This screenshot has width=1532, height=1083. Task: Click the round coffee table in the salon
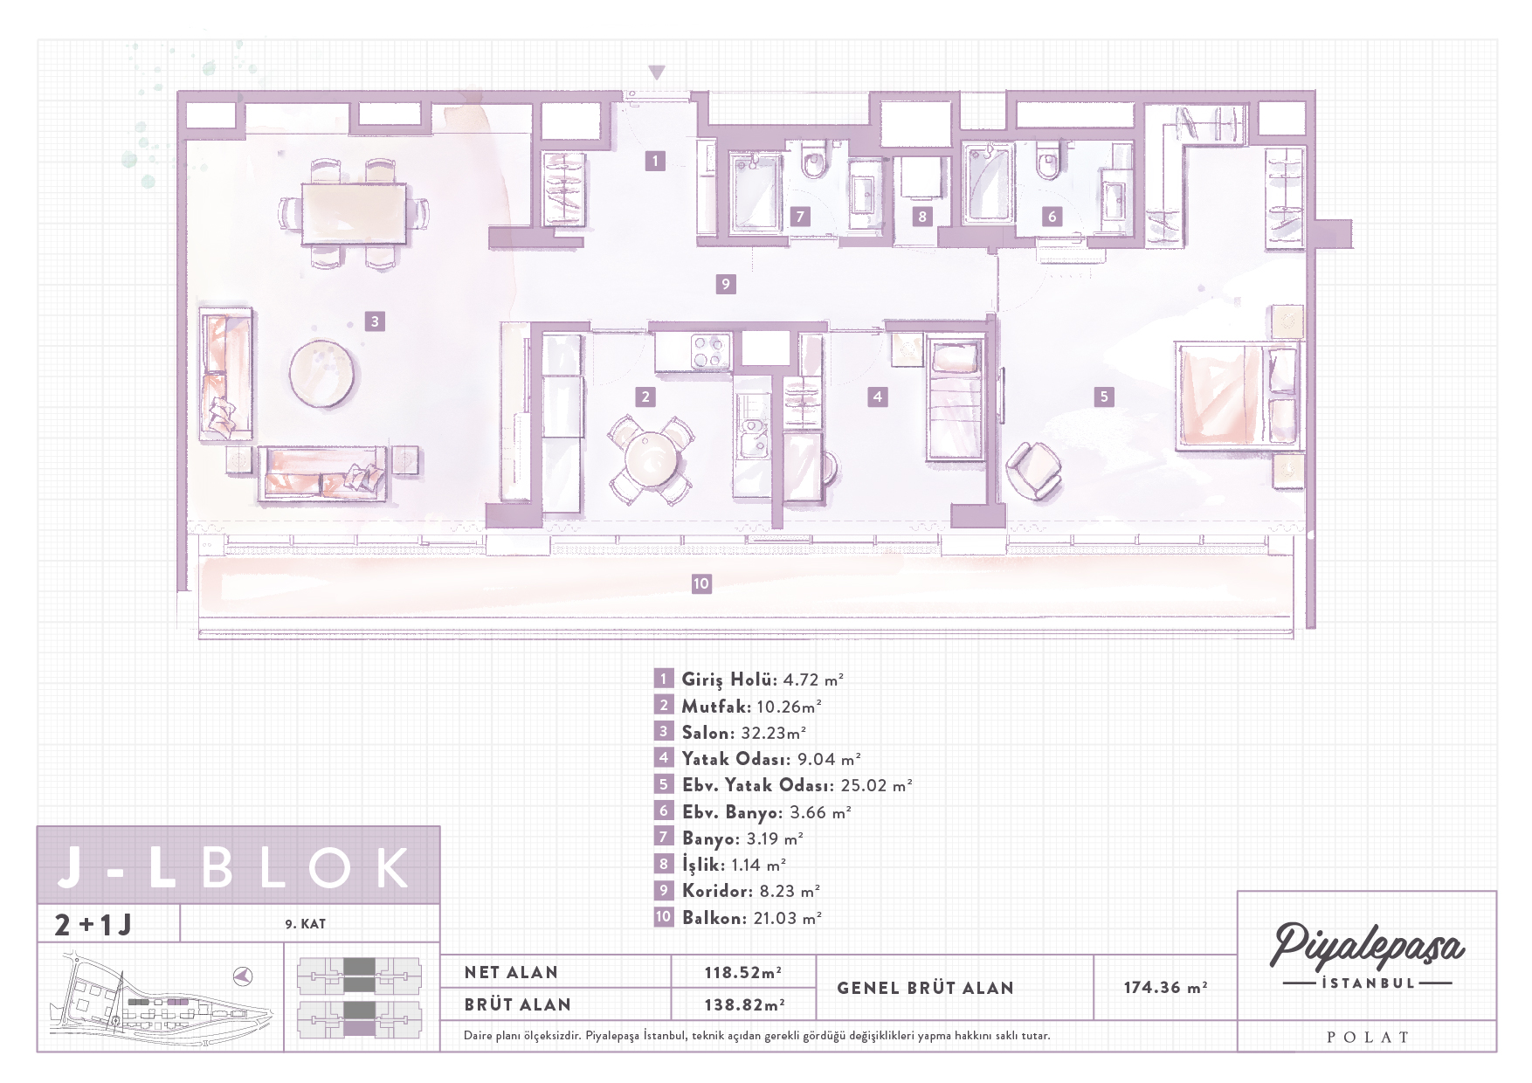(323, 374)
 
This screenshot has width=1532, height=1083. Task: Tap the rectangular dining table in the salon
(354, 213)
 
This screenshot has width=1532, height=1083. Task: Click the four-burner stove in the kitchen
(707, 352)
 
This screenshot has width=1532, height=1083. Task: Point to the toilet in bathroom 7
(814, 162)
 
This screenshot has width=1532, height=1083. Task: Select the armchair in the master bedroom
(1034, 471)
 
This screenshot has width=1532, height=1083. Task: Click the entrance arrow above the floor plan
(657, 72)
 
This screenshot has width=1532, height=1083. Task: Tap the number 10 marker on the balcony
(701, 583)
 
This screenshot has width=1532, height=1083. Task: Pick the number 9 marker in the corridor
(726, 284)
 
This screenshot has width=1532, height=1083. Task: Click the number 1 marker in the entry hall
(655, 161)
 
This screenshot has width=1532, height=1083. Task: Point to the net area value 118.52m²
(743, 972)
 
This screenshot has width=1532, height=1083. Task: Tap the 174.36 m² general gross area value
(1165, 987)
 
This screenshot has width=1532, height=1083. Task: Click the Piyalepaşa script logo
(1367, 945)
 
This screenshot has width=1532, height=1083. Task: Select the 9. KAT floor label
(305, 924)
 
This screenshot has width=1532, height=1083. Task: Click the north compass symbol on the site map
(244, 976)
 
